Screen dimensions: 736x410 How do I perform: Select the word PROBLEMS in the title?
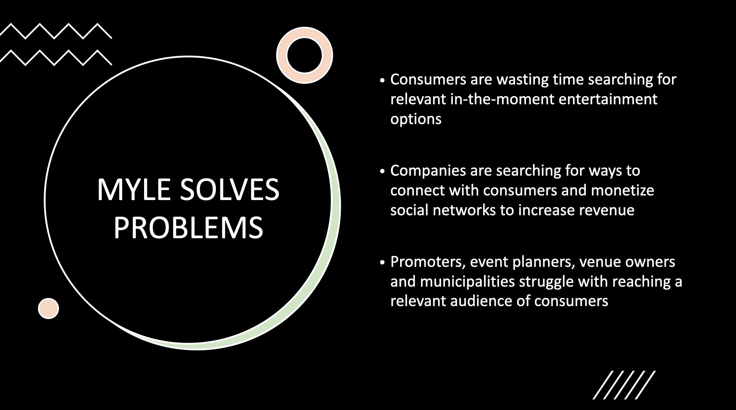point(188,228)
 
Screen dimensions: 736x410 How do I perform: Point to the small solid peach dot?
point(48,309)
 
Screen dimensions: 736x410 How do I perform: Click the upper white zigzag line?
point(55,31)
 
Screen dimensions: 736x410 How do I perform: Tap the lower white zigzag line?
point(55,58)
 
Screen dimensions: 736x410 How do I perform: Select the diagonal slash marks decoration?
point(624,385)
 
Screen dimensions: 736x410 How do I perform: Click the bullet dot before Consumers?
point(382,81)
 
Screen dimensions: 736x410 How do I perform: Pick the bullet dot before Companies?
point(382,172)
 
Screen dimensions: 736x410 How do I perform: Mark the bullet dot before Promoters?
point(382,263)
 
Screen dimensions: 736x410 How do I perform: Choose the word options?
point(416,119)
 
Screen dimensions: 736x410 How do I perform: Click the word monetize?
point(622,190)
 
